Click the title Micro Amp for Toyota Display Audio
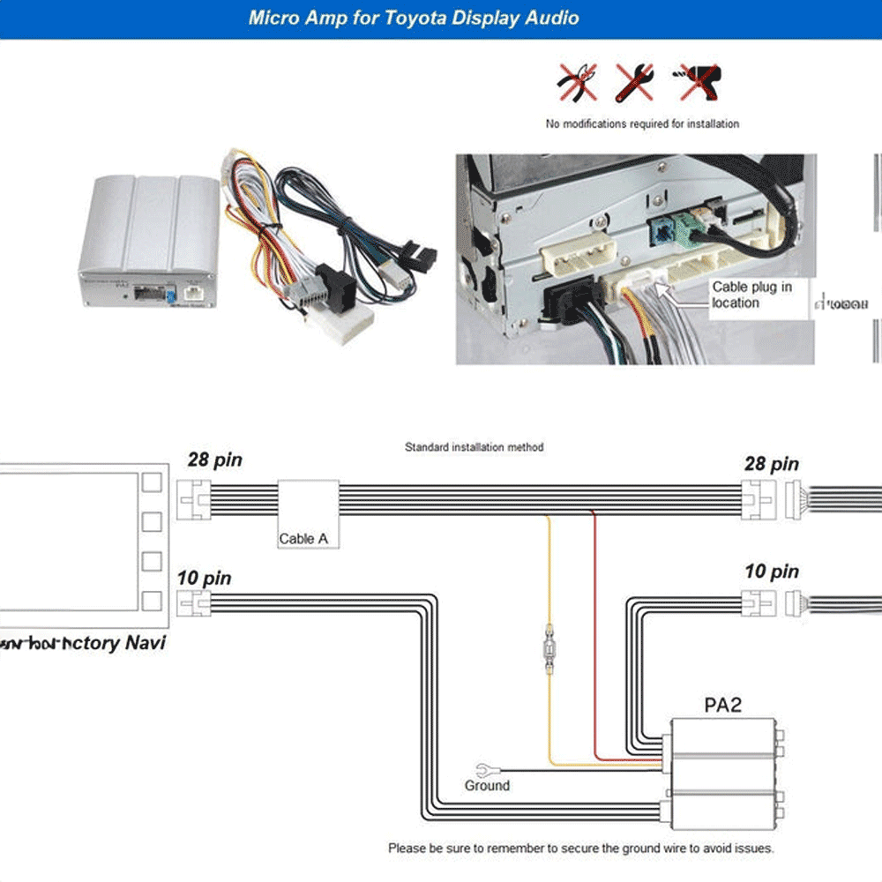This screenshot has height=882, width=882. coord(414,18)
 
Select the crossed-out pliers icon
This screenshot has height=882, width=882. coord(578,82)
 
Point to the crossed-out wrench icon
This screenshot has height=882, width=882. coord(634,82)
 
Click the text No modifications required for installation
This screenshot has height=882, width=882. coord(642,123)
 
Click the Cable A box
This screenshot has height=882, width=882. coord(308,514)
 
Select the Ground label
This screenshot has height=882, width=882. coord(487,785)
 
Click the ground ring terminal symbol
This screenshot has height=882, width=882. coord(482,768)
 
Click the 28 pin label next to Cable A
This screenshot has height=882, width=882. coord(214,460)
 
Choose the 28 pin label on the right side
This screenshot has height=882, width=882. coord(771,464)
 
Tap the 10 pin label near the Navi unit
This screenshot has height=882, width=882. coord(204,579)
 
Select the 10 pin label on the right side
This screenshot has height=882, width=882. coord(771,572)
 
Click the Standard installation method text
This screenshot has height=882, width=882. coord(474,447)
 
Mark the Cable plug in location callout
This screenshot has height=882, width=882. coord(751,295)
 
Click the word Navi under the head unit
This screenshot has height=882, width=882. coord(145,642)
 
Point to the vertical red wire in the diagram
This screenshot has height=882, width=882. coord(595,635)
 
